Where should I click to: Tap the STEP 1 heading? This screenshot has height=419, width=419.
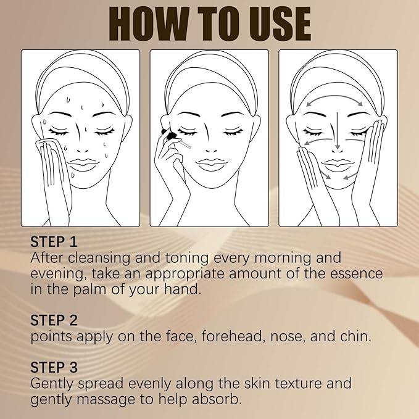point(55,241)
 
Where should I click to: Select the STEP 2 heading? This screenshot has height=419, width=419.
point(56,321)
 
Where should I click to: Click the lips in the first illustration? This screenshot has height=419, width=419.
point(81,165)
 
